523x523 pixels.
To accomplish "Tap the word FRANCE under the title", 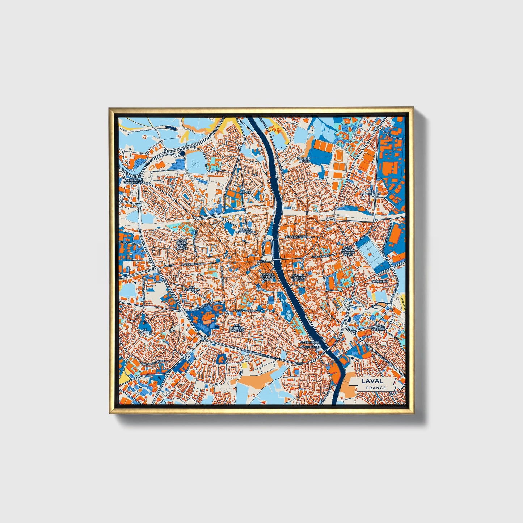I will click(376, 388).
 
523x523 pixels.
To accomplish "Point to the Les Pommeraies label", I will click(371, 192).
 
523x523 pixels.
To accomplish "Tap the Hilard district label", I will click(245, 192).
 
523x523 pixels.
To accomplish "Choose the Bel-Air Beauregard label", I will click(245, 231).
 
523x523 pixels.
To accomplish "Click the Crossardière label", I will click(296, 236).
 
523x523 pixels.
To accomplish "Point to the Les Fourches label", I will click(191, 289).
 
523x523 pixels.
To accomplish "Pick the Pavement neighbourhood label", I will click(380, 281).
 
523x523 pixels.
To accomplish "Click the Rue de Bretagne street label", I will click(193, 264).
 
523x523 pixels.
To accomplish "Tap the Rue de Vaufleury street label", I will click(245, 311).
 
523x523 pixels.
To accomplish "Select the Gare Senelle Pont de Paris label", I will click(348, 251).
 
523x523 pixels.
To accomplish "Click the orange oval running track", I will click(339, 156).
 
